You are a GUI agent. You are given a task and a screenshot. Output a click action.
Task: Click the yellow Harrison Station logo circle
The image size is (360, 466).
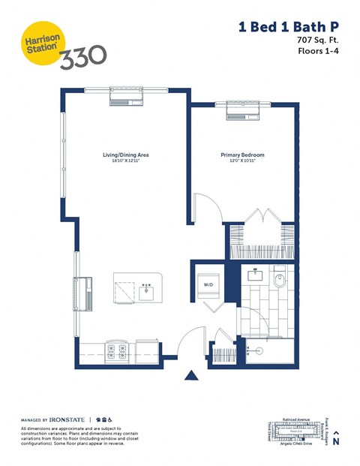click(37, 43)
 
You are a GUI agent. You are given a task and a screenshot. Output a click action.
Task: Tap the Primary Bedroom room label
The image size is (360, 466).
click(242, 156)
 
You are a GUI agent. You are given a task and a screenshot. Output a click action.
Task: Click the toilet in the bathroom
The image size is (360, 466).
click(280, 281)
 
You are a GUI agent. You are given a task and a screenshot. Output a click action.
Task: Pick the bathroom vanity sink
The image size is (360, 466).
click(253, 274)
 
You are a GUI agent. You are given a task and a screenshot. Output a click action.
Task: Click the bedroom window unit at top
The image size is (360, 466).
click(244, 110)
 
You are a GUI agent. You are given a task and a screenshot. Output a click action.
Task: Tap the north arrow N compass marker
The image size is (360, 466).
click(337, 438)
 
